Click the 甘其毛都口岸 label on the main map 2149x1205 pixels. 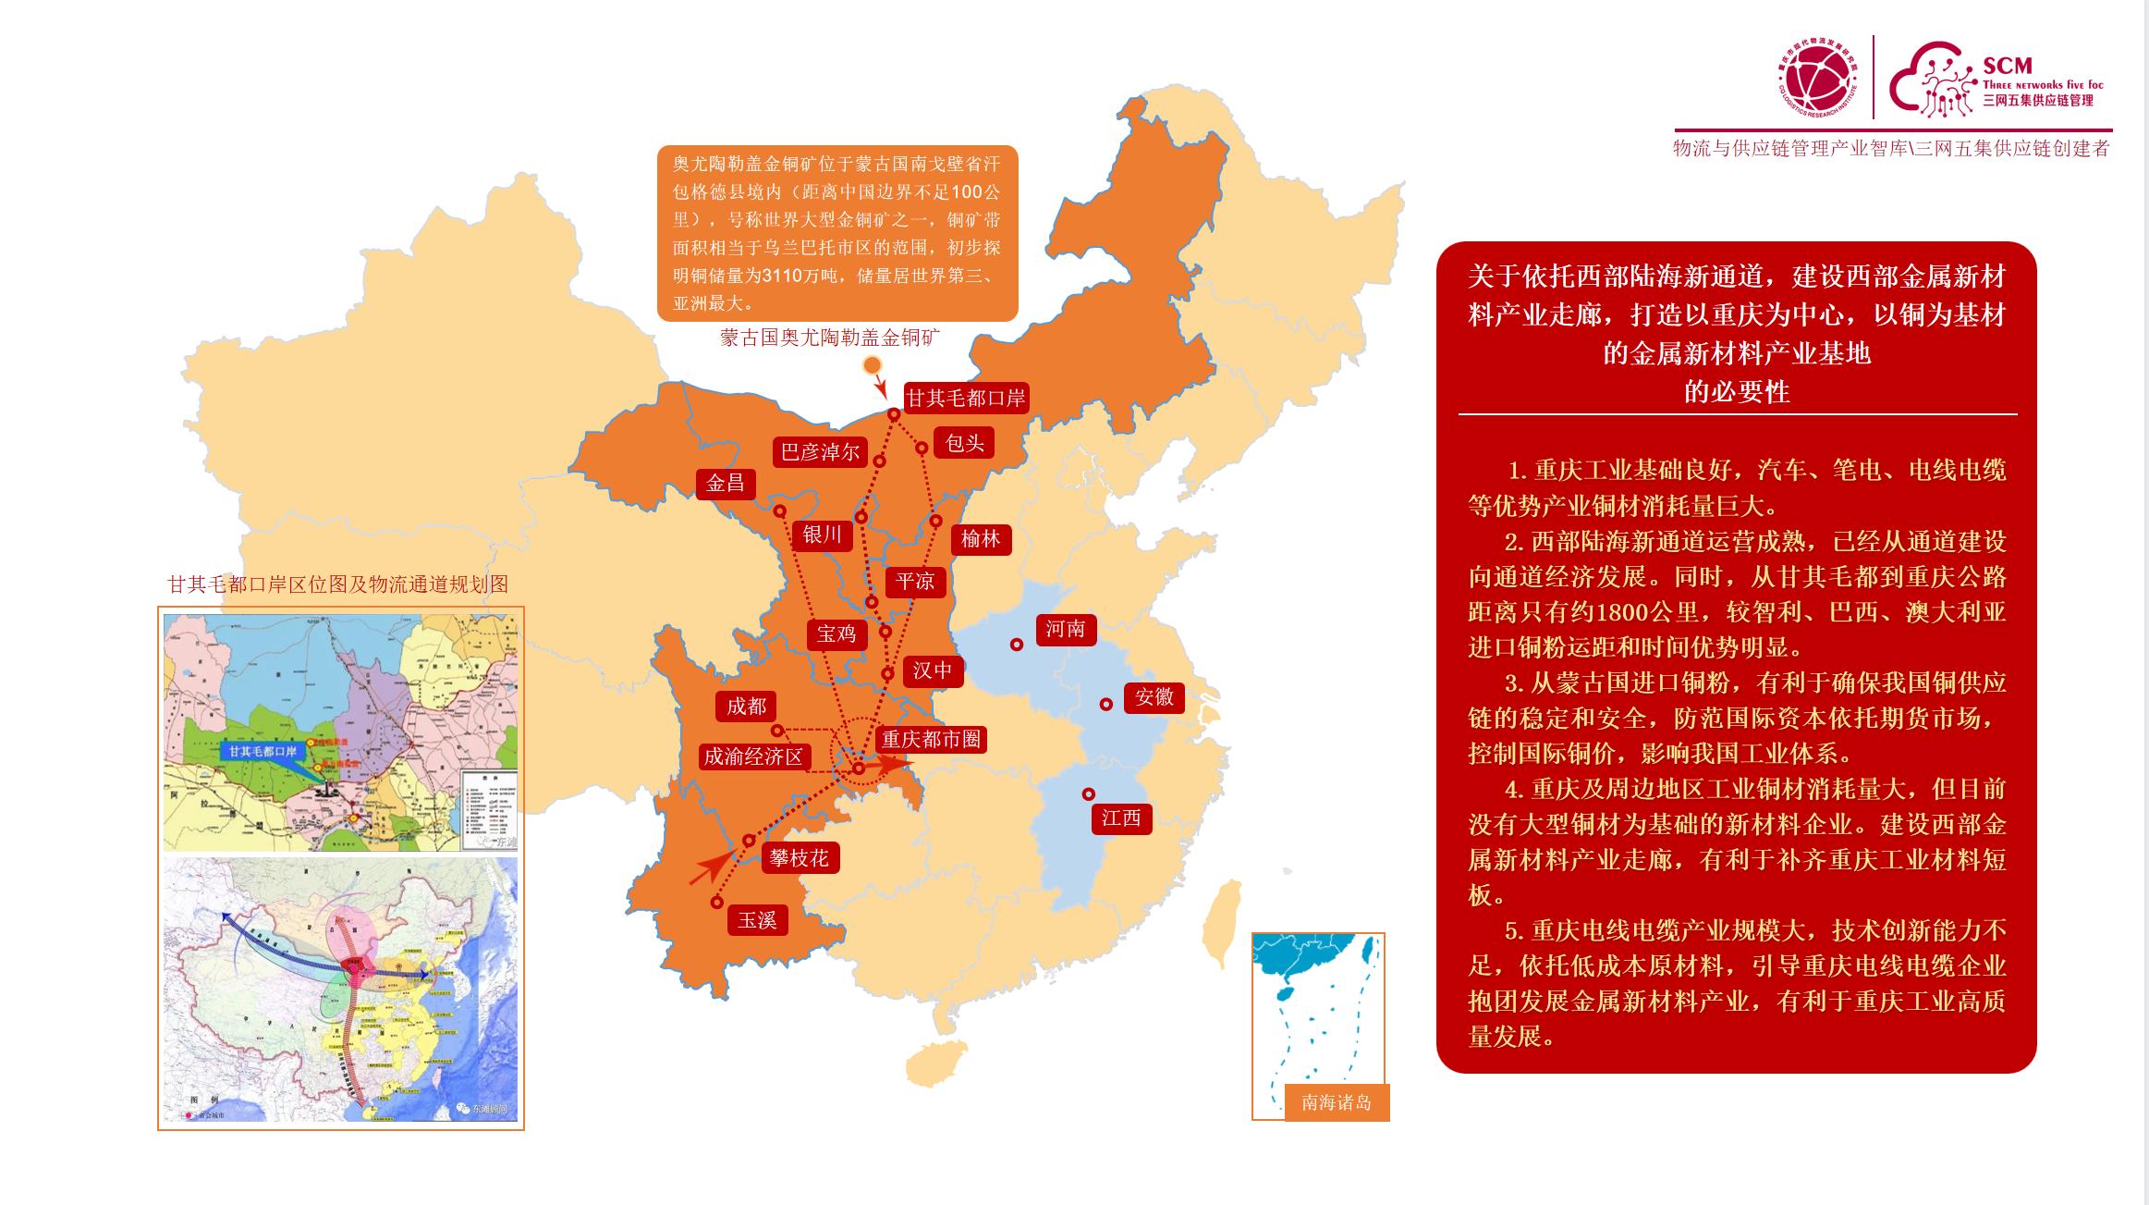(x=965, y=399)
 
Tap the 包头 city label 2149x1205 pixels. (x=964, y=443)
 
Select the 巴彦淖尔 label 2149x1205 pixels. (x=820, y=452)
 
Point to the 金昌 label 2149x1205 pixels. (x=726, y=484)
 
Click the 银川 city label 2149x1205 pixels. (x=822, y=535)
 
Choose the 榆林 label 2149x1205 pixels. (x=981, y=539)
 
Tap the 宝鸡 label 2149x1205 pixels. (x=836, y=634)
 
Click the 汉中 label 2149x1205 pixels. (x=932, y=670)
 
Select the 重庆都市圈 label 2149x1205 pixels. (x=931, y=740)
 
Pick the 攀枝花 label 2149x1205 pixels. (x=799, y=858)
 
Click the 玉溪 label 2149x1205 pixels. (x=757, y=920)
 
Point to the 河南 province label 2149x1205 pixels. (x=1065, y=630)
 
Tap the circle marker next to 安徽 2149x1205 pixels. (x=1105, y=705)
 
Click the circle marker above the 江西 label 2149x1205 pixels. (x=1089, y=794)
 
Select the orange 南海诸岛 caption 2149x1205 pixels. (x=1337, y=1102)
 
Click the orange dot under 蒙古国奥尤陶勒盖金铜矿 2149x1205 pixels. (x=872, y=365)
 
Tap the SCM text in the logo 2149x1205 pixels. (x=2007, y=66)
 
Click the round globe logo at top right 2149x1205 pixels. (x=1817, y=79)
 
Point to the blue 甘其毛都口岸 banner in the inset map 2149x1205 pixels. (x=263, y=751)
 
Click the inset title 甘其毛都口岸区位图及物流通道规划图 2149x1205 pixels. (x=337, y=584)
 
